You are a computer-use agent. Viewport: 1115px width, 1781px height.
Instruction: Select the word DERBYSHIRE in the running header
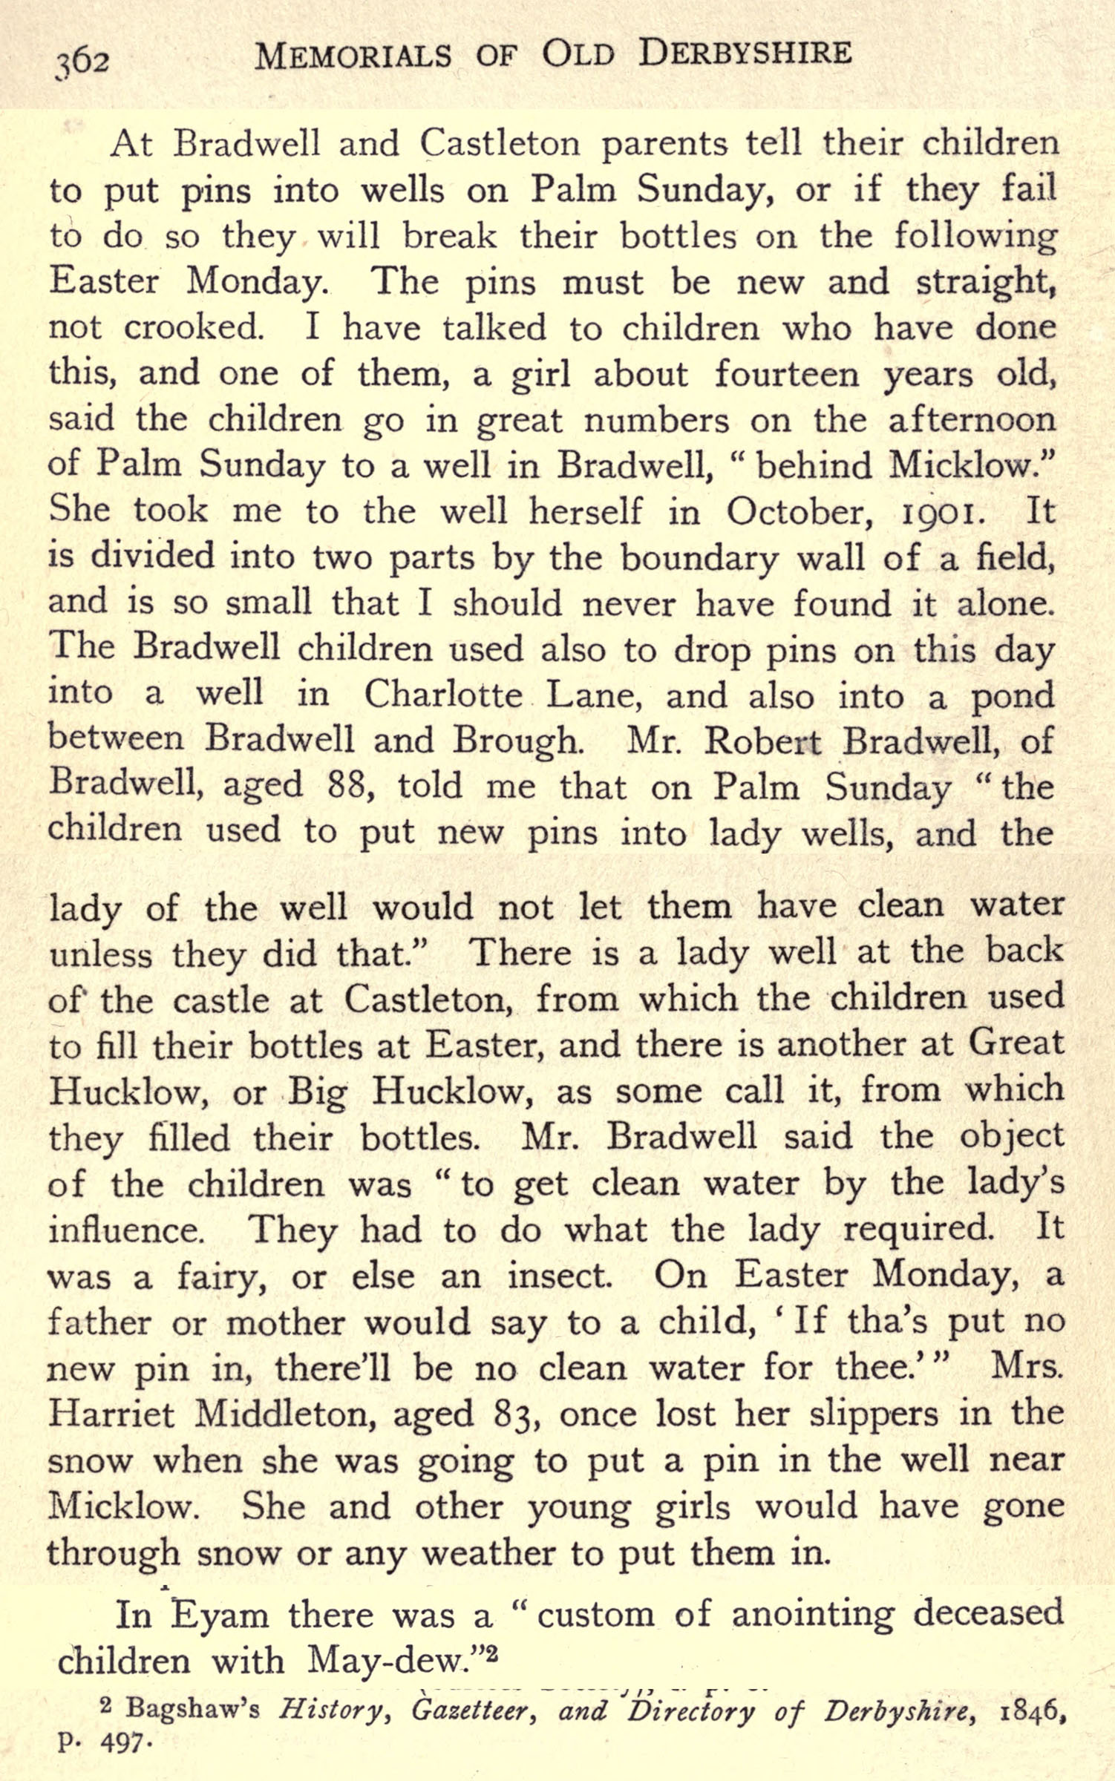745,53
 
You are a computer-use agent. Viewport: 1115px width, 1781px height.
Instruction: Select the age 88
349,786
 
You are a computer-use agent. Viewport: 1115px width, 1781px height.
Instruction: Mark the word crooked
193,328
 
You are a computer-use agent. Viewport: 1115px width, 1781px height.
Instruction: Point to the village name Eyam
220,1613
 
